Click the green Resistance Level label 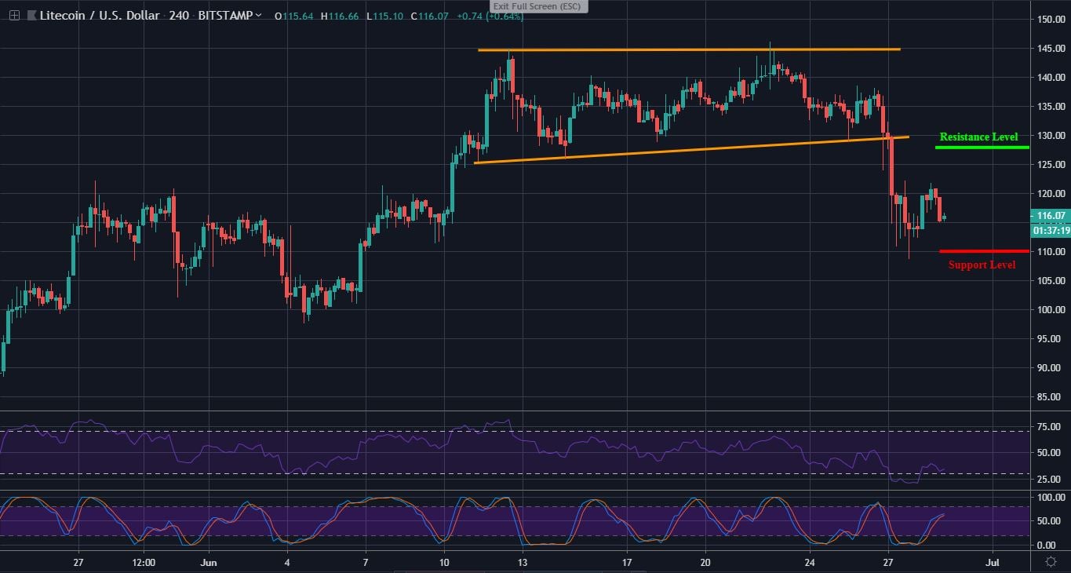click(978, 137)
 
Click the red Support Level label click(982, 265)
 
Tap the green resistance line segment click(982, 147)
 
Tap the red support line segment click(984, 251)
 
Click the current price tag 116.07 click(1049, 215)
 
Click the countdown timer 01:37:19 click(1049, 231)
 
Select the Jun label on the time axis click(208, 563)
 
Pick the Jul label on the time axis click(993, 563)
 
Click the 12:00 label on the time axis click(144, 563)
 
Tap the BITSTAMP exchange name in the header click(226, 16)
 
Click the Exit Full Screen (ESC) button click(538, 6)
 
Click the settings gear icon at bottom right click(1050, 561)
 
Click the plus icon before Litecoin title click(14, 16)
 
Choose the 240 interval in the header click(179, 16)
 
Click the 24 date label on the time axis click(809, 563)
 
